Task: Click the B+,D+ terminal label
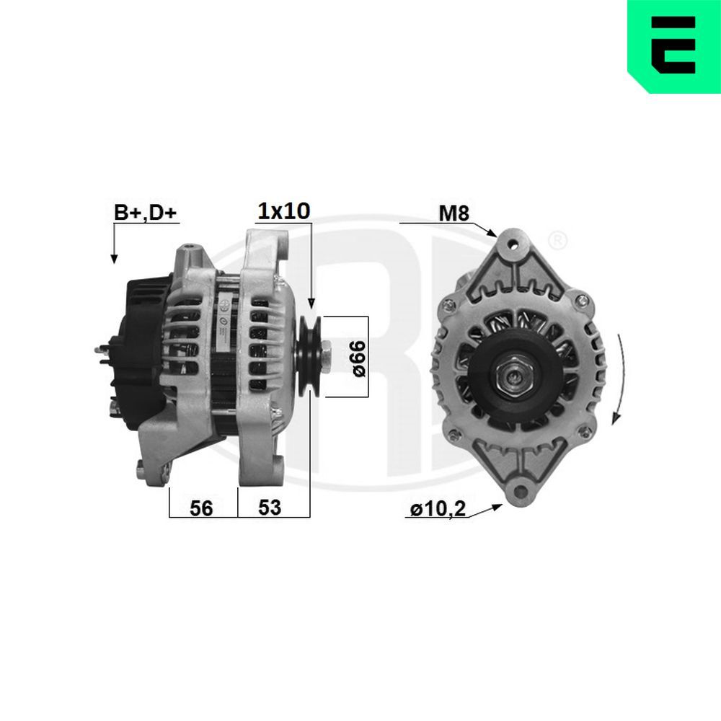144,212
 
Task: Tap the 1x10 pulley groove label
284,211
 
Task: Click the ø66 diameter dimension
359,357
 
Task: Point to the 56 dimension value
201,508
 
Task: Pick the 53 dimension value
269,508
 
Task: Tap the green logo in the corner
673,46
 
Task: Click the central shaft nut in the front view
513,375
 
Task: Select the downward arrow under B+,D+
113,257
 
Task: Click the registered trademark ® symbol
557,239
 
